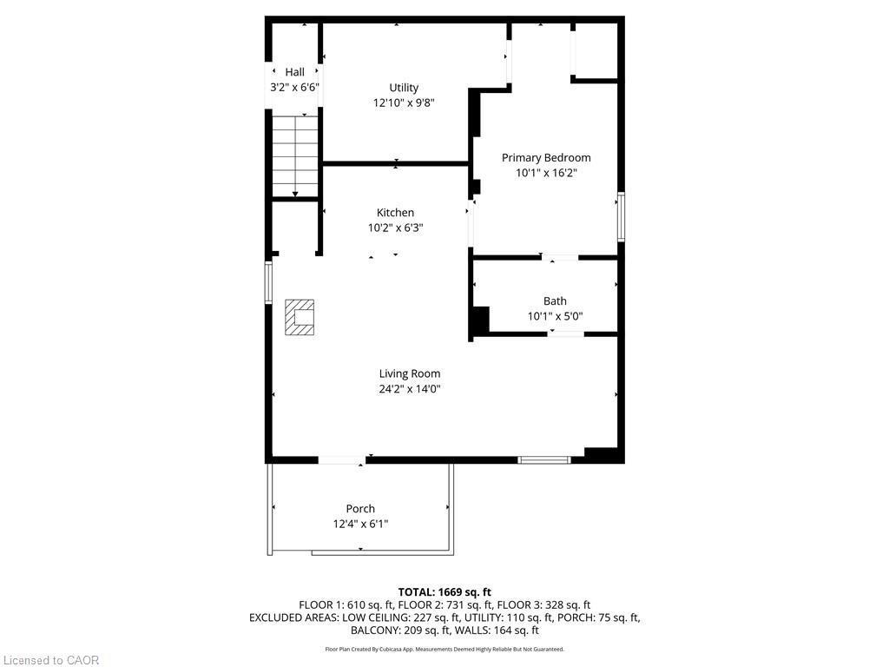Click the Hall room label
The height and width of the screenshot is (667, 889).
click(x=294, y=72)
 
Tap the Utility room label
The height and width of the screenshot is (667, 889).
click(x=404, y=88)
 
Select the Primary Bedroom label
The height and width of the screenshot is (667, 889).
click(x=546, y=158)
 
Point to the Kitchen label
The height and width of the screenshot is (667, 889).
click(x=395, y=213)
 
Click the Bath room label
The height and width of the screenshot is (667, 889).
click(x=555, y=301)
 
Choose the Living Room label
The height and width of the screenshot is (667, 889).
click(x=409, y=374)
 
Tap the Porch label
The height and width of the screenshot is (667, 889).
click(x=360, y=509)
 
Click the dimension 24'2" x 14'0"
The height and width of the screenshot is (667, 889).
click(x=409, y=389)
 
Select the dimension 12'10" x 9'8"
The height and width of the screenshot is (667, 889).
click(x=404, y=102)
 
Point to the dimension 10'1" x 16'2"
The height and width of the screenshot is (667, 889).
click(x=546, y=173)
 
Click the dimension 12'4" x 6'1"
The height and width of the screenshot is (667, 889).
click(x=360, y=524)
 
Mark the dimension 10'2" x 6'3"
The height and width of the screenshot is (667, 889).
click(x=395, y=228)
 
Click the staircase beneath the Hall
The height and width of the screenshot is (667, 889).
click(x=295, y=156)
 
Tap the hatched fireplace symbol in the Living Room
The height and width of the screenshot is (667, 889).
click(x=300, y=317)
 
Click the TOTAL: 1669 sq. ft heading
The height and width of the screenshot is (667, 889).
click(x=444, y=592)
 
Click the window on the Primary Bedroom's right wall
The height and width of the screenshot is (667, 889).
click(x=621, y=217)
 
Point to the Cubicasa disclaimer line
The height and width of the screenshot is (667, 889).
click(x=444, y=649)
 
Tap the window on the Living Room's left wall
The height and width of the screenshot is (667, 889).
click(x=268, y=282)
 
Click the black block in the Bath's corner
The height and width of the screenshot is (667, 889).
click(x=479, y=321)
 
